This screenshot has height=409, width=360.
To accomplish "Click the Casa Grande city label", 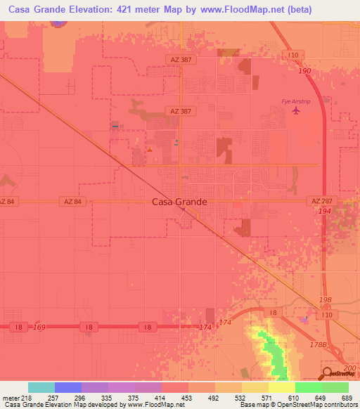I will pos(180,202).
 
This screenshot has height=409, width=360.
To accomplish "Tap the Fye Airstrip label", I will pos(295,101).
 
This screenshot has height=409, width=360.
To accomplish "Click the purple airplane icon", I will pos(296,111).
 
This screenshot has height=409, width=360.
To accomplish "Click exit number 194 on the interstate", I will pos(324,211).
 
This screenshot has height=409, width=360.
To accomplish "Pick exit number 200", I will pos(352,368).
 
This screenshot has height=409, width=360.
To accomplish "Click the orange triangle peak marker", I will pos(149,150).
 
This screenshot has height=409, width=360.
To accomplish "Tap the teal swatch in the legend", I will pos(41,387).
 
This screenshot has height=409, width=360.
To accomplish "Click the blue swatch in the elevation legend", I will pos(68,387).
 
